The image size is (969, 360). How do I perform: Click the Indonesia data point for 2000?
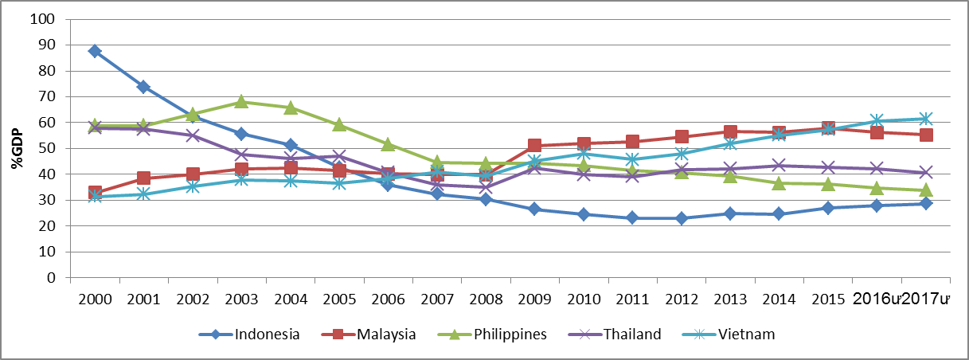[95, 51]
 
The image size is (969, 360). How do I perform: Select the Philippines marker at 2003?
[241, 102]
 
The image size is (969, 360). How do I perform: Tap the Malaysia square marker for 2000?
[95, 193]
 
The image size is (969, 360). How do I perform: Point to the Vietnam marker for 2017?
[926, 119]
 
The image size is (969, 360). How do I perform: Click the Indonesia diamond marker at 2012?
[682, 218]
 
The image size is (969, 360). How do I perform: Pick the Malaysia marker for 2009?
[535, 146]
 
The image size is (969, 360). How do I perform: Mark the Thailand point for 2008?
[486, 187]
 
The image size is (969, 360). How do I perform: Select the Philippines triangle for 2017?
[926, 190]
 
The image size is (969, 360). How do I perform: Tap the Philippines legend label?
[510, 335]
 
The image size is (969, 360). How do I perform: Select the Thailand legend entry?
[632, 335]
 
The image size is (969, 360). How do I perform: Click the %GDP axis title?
[16, 149]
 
